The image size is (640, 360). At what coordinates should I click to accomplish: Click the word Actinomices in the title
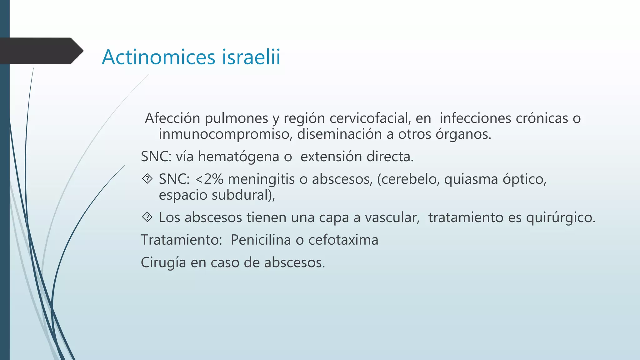pyautogui.click(x=159, y=57)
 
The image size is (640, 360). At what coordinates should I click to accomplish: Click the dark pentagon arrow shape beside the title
pyautogui.click(x=41, y=51)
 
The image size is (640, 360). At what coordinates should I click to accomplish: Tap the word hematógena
pyautogui.click(x=238, y=157)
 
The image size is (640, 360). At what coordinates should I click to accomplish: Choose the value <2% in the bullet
pyautogui.click(x=209, y=179)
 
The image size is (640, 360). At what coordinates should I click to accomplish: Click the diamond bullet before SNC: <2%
pyautogui.click(x=147, y=179)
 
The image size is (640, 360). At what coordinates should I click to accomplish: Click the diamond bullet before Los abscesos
pyautogui.click(x=147, y=217)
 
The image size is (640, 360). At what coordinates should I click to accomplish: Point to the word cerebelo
pyautogui.click(x=408, y=179)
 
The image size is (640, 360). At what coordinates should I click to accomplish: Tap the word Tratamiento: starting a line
pyautogui.click(x=181, y=240)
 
